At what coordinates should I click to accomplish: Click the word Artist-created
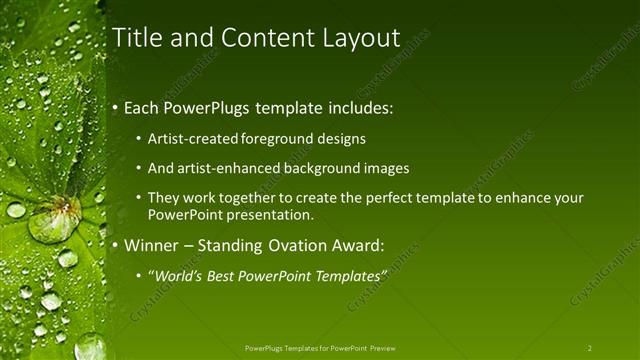coord(190,139)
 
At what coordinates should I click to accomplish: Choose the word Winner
coord(152,244)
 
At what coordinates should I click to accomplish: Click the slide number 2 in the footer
coord(589,348)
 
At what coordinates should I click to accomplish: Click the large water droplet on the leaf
coord(55,218)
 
